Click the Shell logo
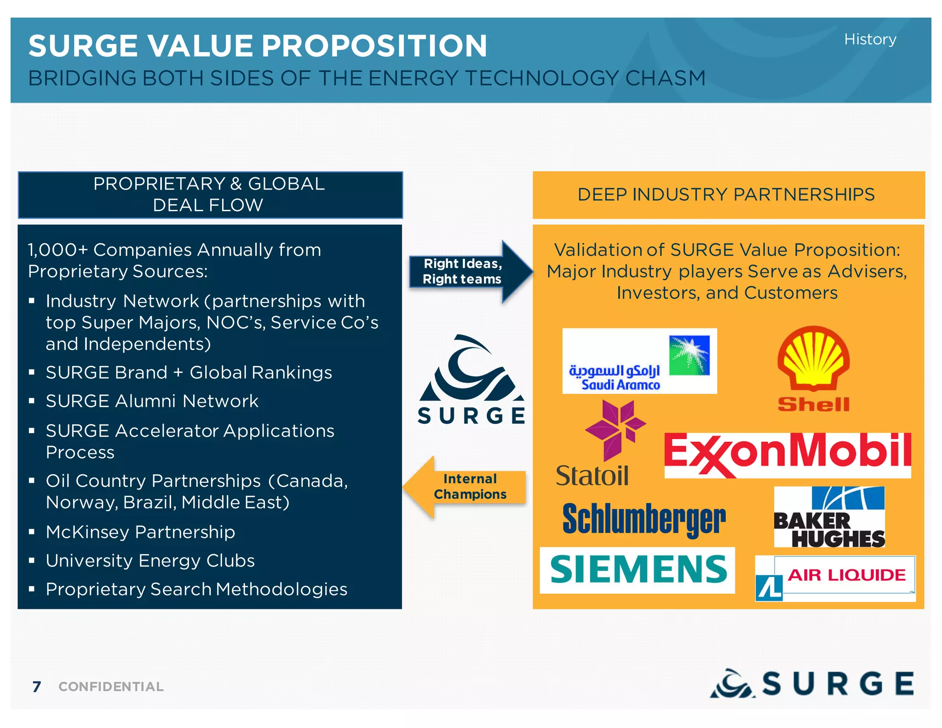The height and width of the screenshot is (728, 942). (813, 369)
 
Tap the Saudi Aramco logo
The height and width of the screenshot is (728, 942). (639, 361)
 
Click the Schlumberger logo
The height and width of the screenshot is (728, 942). (644, 520)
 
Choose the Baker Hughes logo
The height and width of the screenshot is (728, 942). (829, 517)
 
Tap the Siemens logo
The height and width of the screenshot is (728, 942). (638, 570)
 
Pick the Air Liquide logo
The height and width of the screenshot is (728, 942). (835, 578)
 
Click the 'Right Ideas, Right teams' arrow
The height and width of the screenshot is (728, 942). (469, 272)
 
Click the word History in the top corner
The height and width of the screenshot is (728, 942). (870, 40)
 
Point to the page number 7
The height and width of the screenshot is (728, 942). (37, 687)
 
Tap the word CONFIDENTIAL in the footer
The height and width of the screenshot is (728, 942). (111, 687)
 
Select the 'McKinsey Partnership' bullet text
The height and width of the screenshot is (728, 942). (140, 532)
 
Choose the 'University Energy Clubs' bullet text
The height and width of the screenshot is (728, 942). (150, 560)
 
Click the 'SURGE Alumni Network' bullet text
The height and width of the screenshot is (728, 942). (152, 401)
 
